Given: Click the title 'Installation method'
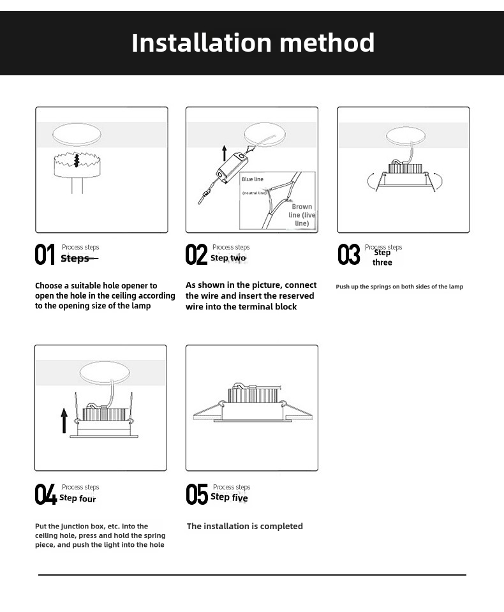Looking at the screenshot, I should pos(253,43).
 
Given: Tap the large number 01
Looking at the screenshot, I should pos(45,255).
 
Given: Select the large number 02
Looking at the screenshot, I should pos(196,255).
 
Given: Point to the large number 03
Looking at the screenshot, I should pos(349,255).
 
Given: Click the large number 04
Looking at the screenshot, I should pos(45,495).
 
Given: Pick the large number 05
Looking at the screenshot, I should pos(196,495).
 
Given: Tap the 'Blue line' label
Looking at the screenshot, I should pos(253,179).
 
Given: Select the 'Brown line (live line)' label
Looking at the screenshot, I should pos(302,215).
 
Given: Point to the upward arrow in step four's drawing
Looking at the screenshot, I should pos(64,421).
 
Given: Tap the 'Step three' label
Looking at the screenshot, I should pos(382,258).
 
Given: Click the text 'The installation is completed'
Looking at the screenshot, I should pos(245,526).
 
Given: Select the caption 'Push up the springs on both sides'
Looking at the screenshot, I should pos(399,287).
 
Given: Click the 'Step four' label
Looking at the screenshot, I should pos(78,498).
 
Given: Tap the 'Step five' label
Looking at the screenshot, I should pos(229,498).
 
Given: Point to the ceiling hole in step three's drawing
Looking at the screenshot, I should pos(406,136).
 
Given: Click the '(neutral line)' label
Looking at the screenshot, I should pos(254,193).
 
